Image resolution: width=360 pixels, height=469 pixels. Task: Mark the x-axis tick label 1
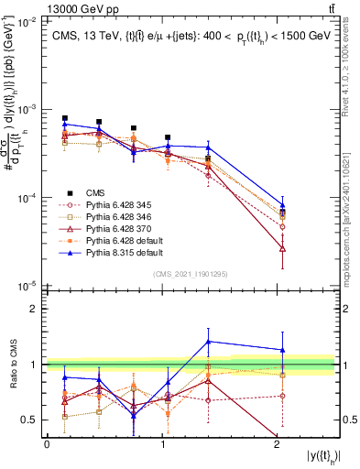point(162,443)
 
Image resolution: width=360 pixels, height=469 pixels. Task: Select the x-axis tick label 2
point(278,443)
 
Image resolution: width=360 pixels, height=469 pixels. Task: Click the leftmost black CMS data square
point(65,118)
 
